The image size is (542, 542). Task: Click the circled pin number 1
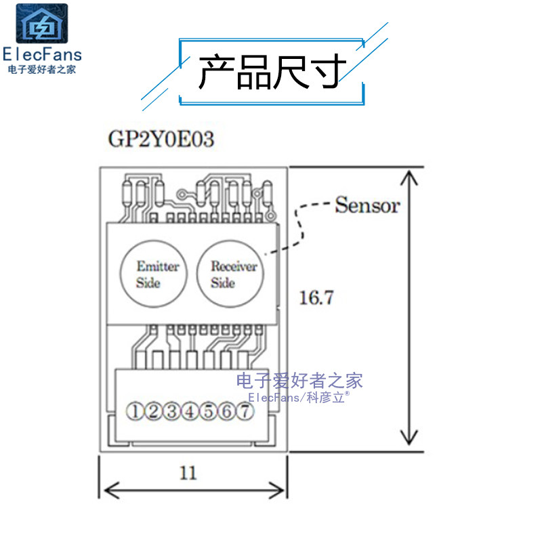coord(136,411)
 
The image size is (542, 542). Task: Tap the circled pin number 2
coord(154,411)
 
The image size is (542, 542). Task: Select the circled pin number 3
coord(172,411)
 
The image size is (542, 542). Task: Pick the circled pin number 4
coord(190,411)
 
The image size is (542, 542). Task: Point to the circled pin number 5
coord(209,411)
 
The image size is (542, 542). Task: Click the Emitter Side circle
coord(157,274)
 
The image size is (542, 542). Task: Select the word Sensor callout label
coord(367,205)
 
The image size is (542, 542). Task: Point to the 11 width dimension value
coord(188,472)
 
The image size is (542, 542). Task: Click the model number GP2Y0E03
coord(161,140)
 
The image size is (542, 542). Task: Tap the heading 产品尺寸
coord(271,72)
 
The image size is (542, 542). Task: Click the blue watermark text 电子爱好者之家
coord(299,380)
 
